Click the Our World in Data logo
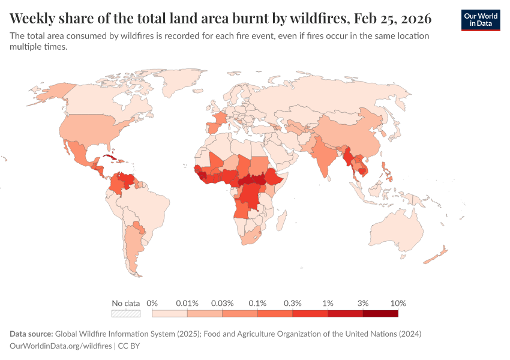[x=481, y=20]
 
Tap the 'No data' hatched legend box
[x=126, y=313]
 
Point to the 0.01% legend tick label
[x=187, y=303]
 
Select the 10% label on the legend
[x=398, y=303]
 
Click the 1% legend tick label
[x=328, y=303]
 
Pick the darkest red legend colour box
[x=380, y=313]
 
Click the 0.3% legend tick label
[x=293, y=303]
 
